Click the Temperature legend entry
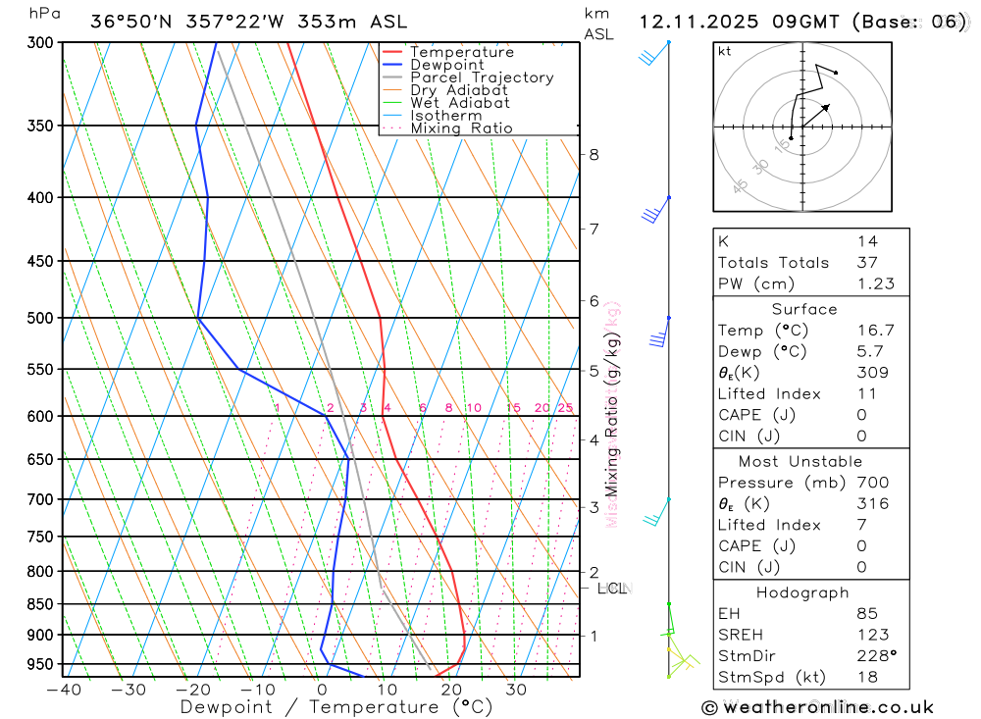coord(461,52)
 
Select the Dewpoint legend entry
coord(447,65)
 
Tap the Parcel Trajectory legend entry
coord(482,77)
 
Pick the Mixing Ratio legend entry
coord(461,128)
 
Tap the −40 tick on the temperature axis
coord(63,690)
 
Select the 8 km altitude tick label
coord(594,154)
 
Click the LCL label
coord(611,589)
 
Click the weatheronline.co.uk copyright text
coord(818,707)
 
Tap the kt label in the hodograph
coord(724,51)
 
